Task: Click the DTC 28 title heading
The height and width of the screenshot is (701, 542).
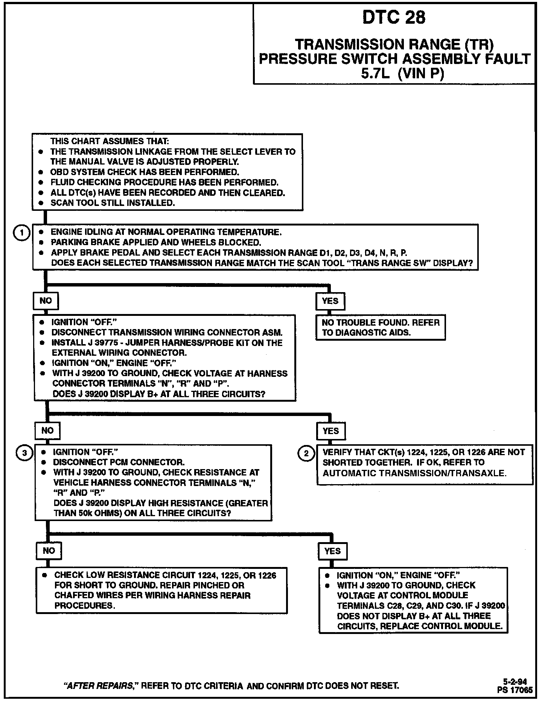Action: [394, 18]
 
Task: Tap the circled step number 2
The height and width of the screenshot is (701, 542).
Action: [306, 454]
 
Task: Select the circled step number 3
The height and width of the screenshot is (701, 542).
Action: [24, 453]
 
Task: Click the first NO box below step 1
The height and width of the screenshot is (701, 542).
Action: [46, 301]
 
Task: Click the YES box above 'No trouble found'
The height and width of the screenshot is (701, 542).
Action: [330, 301]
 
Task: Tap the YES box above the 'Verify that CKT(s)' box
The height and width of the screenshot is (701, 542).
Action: [330, 431]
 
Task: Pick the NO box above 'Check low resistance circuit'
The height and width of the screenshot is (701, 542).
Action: [49, 551]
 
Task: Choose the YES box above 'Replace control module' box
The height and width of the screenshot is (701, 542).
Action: [332, 551]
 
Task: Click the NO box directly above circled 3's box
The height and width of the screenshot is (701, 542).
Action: [47, 430]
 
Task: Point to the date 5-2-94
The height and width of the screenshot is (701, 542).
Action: [515, 681]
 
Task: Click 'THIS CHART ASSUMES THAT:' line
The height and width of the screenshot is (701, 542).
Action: [110, 142]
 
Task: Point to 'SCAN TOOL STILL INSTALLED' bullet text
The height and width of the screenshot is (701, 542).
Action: [113, 203]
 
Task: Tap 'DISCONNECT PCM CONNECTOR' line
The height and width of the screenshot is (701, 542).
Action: [119, 462]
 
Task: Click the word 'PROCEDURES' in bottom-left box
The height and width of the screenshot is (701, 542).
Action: [84, 606]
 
